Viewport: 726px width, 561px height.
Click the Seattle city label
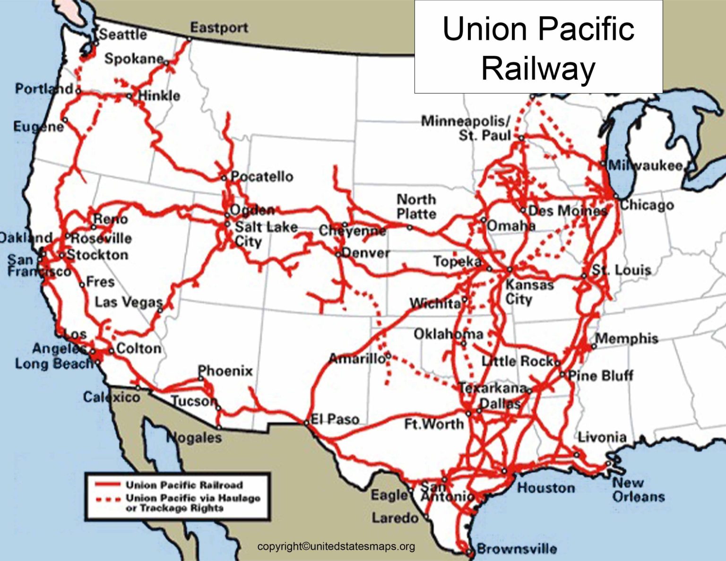[123, 35]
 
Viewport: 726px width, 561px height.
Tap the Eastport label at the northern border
[219, 27]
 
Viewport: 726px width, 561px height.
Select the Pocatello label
[262, 177]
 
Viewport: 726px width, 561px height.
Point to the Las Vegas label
[129, 302]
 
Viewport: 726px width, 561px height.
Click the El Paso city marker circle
[306, 423]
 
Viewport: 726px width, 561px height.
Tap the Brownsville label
[517, 549]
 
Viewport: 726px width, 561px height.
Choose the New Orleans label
[639, 490]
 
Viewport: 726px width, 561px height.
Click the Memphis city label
[627, 338]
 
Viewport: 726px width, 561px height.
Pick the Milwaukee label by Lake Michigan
[646, 165]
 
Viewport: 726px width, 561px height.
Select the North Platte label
[416, 207]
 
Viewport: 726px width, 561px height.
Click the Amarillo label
[357, 359]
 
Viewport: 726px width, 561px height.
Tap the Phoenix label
[225, 371]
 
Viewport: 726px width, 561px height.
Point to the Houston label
[546, 487]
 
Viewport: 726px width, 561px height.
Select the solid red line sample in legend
[107, 484]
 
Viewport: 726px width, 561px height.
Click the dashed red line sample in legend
[107, 499]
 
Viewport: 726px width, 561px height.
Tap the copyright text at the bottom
[336, 546]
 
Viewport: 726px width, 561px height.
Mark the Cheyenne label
[352, 231]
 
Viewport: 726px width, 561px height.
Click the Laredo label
[395, 518]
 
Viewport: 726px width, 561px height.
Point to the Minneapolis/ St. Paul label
[466, 128]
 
